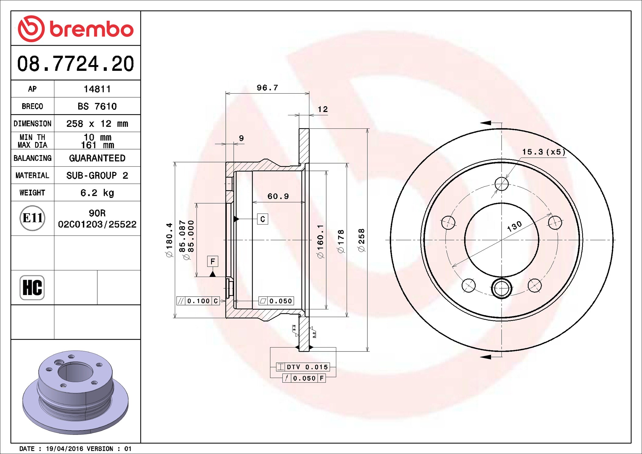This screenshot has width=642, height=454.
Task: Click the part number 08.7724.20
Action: tap(75, 64)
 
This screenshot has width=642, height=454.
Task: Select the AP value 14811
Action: tap(97, 89)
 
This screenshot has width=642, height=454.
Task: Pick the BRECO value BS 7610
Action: tap(97, 106)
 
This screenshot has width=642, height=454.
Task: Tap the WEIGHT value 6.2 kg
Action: tap(97, 193)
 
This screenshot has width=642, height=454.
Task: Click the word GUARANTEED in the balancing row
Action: tap(97, 158)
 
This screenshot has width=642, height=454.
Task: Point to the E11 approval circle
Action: tap(32, 218)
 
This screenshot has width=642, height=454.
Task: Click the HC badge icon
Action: tap(32, 287)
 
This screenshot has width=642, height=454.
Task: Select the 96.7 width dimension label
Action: tap(267, 88)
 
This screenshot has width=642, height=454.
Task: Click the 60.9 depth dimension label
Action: tap(278, 196)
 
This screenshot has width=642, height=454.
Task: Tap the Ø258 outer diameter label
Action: tap(362, 240)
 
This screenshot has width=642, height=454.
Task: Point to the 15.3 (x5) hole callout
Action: tap(543, 152)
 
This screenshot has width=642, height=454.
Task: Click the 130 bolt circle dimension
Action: tap(515, 226)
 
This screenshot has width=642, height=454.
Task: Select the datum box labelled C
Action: tap(262, 219)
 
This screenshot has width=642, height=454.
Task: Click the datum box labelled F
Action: tap(213, 261)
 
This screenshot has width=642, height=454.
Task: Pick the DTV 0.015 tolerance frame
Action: tap(303, 367)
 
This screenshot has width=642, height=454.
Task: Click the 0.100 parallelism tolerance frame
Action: tap(198, 301)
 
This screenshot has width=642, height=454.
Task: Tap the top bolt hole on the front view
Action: tap(501, 184)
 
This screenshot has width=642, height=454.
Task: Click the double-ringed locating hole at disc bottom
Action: tap(501, 288)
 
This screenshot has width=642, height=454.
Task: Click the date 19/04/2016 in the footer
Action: tap(64, 449)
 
